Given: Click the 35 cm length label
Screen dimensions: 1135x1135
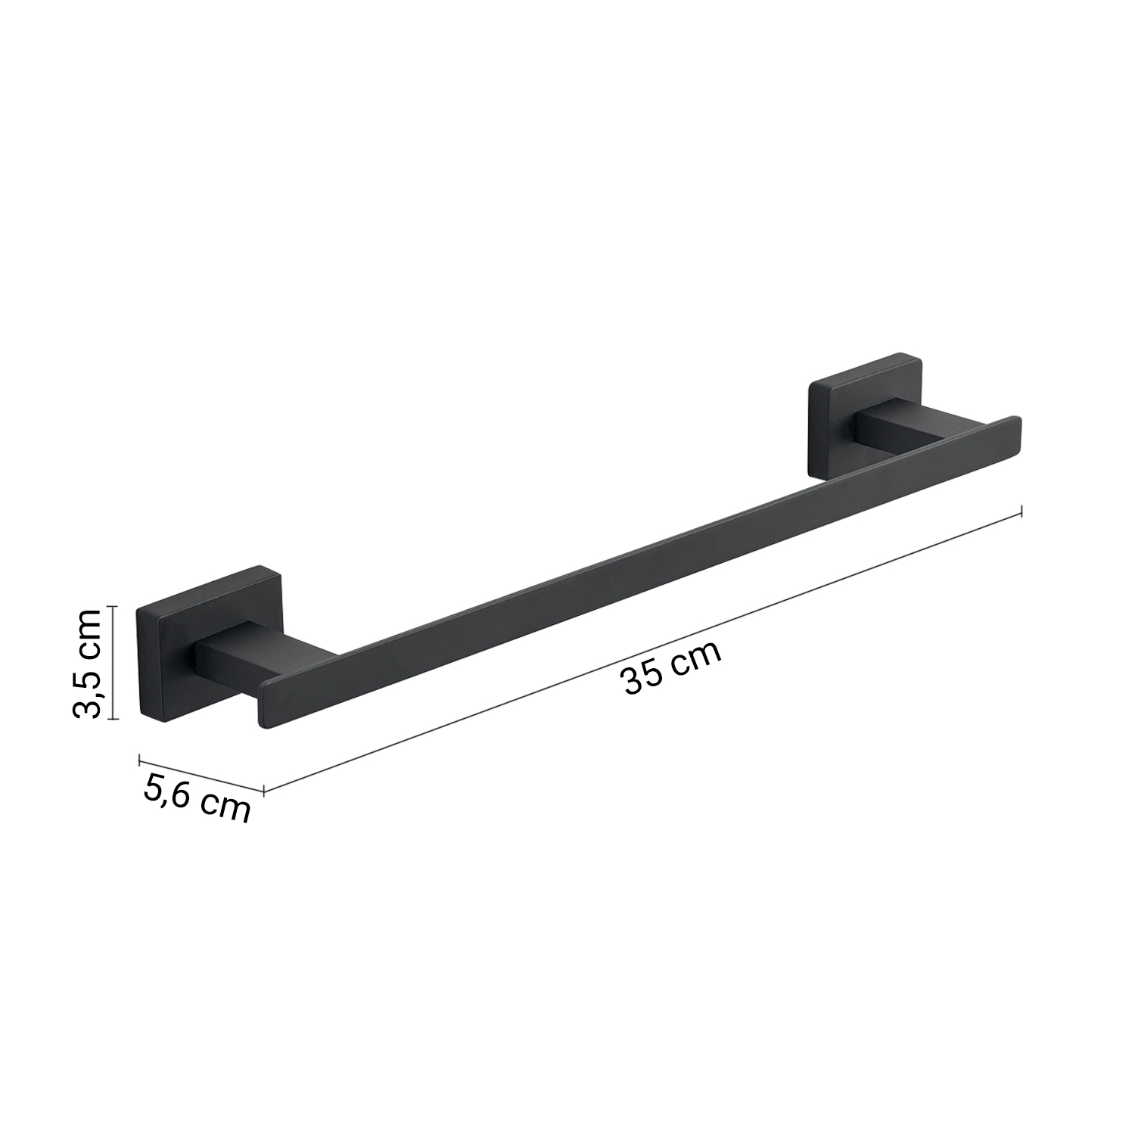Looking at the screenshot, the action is pos(671,667).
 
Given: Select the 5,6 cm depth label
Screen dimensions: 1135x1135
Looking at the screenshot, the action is pos(196,798).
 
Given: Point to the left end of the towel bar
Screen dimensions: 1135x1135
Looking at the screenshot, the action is pos(265,707).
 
